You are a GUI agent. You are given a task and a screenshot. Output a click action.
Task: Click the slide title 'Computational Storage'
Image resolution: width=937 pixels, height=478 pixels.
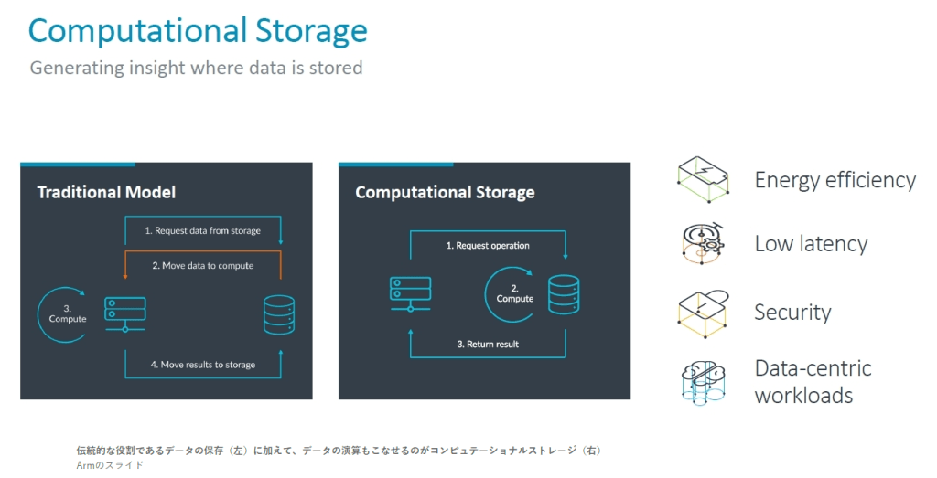(x=198, y=31)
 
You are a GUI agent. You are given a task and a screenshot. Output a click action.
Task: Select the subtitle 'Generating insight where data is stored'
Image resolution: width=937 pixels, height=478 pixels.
(x=196, y=68)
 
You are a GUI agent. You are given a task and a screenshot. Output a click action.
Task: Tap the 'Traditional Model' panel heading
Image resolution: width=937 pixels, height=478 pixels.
(x=106, y=192)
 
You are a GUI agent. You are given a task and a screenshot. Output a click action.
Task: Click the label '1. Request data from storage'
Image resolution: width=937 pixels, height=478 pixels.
(x=202, y=231)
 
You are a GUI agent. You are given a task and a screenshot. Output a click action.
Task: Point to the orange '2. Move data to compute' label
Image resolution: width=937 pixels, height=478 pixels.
(x=202, y=266)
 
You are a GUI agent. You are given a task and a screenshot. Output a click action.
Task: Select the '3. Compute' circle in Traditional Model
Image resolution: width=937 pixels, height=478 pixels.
(x=67, y=313)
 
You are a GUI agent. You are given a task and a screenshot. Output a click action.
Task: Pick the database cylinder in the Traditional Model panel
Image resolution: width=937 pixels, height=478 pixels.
(x=278, y=314)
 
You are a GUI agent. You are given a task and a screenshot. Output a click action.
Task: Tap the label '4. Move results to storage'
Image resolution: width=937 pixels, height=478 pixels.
(x=202, y=365)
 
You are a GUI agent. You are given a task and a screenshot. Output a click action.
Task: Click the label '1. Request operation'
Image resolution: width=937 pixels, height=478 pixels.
(x=487, y=246)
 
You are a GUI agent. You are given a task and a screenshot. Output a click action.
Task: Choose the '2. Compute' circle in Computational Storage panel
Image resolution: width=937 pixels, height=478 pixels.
(x=513, y=293)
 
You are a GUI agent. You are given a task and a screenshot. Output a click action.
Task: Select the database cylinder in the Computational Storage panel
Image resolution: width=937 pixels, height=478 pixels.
(x=564, y=294)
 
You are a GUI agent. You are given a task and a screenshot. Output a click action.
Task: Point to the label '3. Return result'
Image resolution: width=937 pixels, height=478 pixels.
(x=487, y=345)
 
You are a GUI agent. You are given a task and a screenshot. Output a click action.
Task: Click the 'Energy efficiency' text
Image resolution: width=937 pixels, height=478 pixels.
(x=835, y=180)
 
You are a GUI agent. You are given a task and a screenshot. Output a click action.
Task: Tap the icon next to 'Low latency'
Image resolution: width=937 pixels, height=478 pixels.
(x=703, y=243)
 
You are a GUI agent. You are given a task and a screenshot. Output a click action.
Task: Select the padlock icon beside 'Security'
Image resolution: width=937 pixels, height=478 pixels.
(x=703, y=311)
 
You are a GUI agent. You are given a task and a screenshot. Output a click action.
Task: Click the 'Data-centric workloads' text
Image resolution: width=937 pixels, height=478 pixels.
(x=813, y=382)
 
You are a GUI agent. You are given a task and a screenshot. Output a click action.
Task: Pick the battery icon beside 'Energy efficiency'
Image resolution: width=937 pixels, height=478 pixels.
(x=703, y=178)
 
